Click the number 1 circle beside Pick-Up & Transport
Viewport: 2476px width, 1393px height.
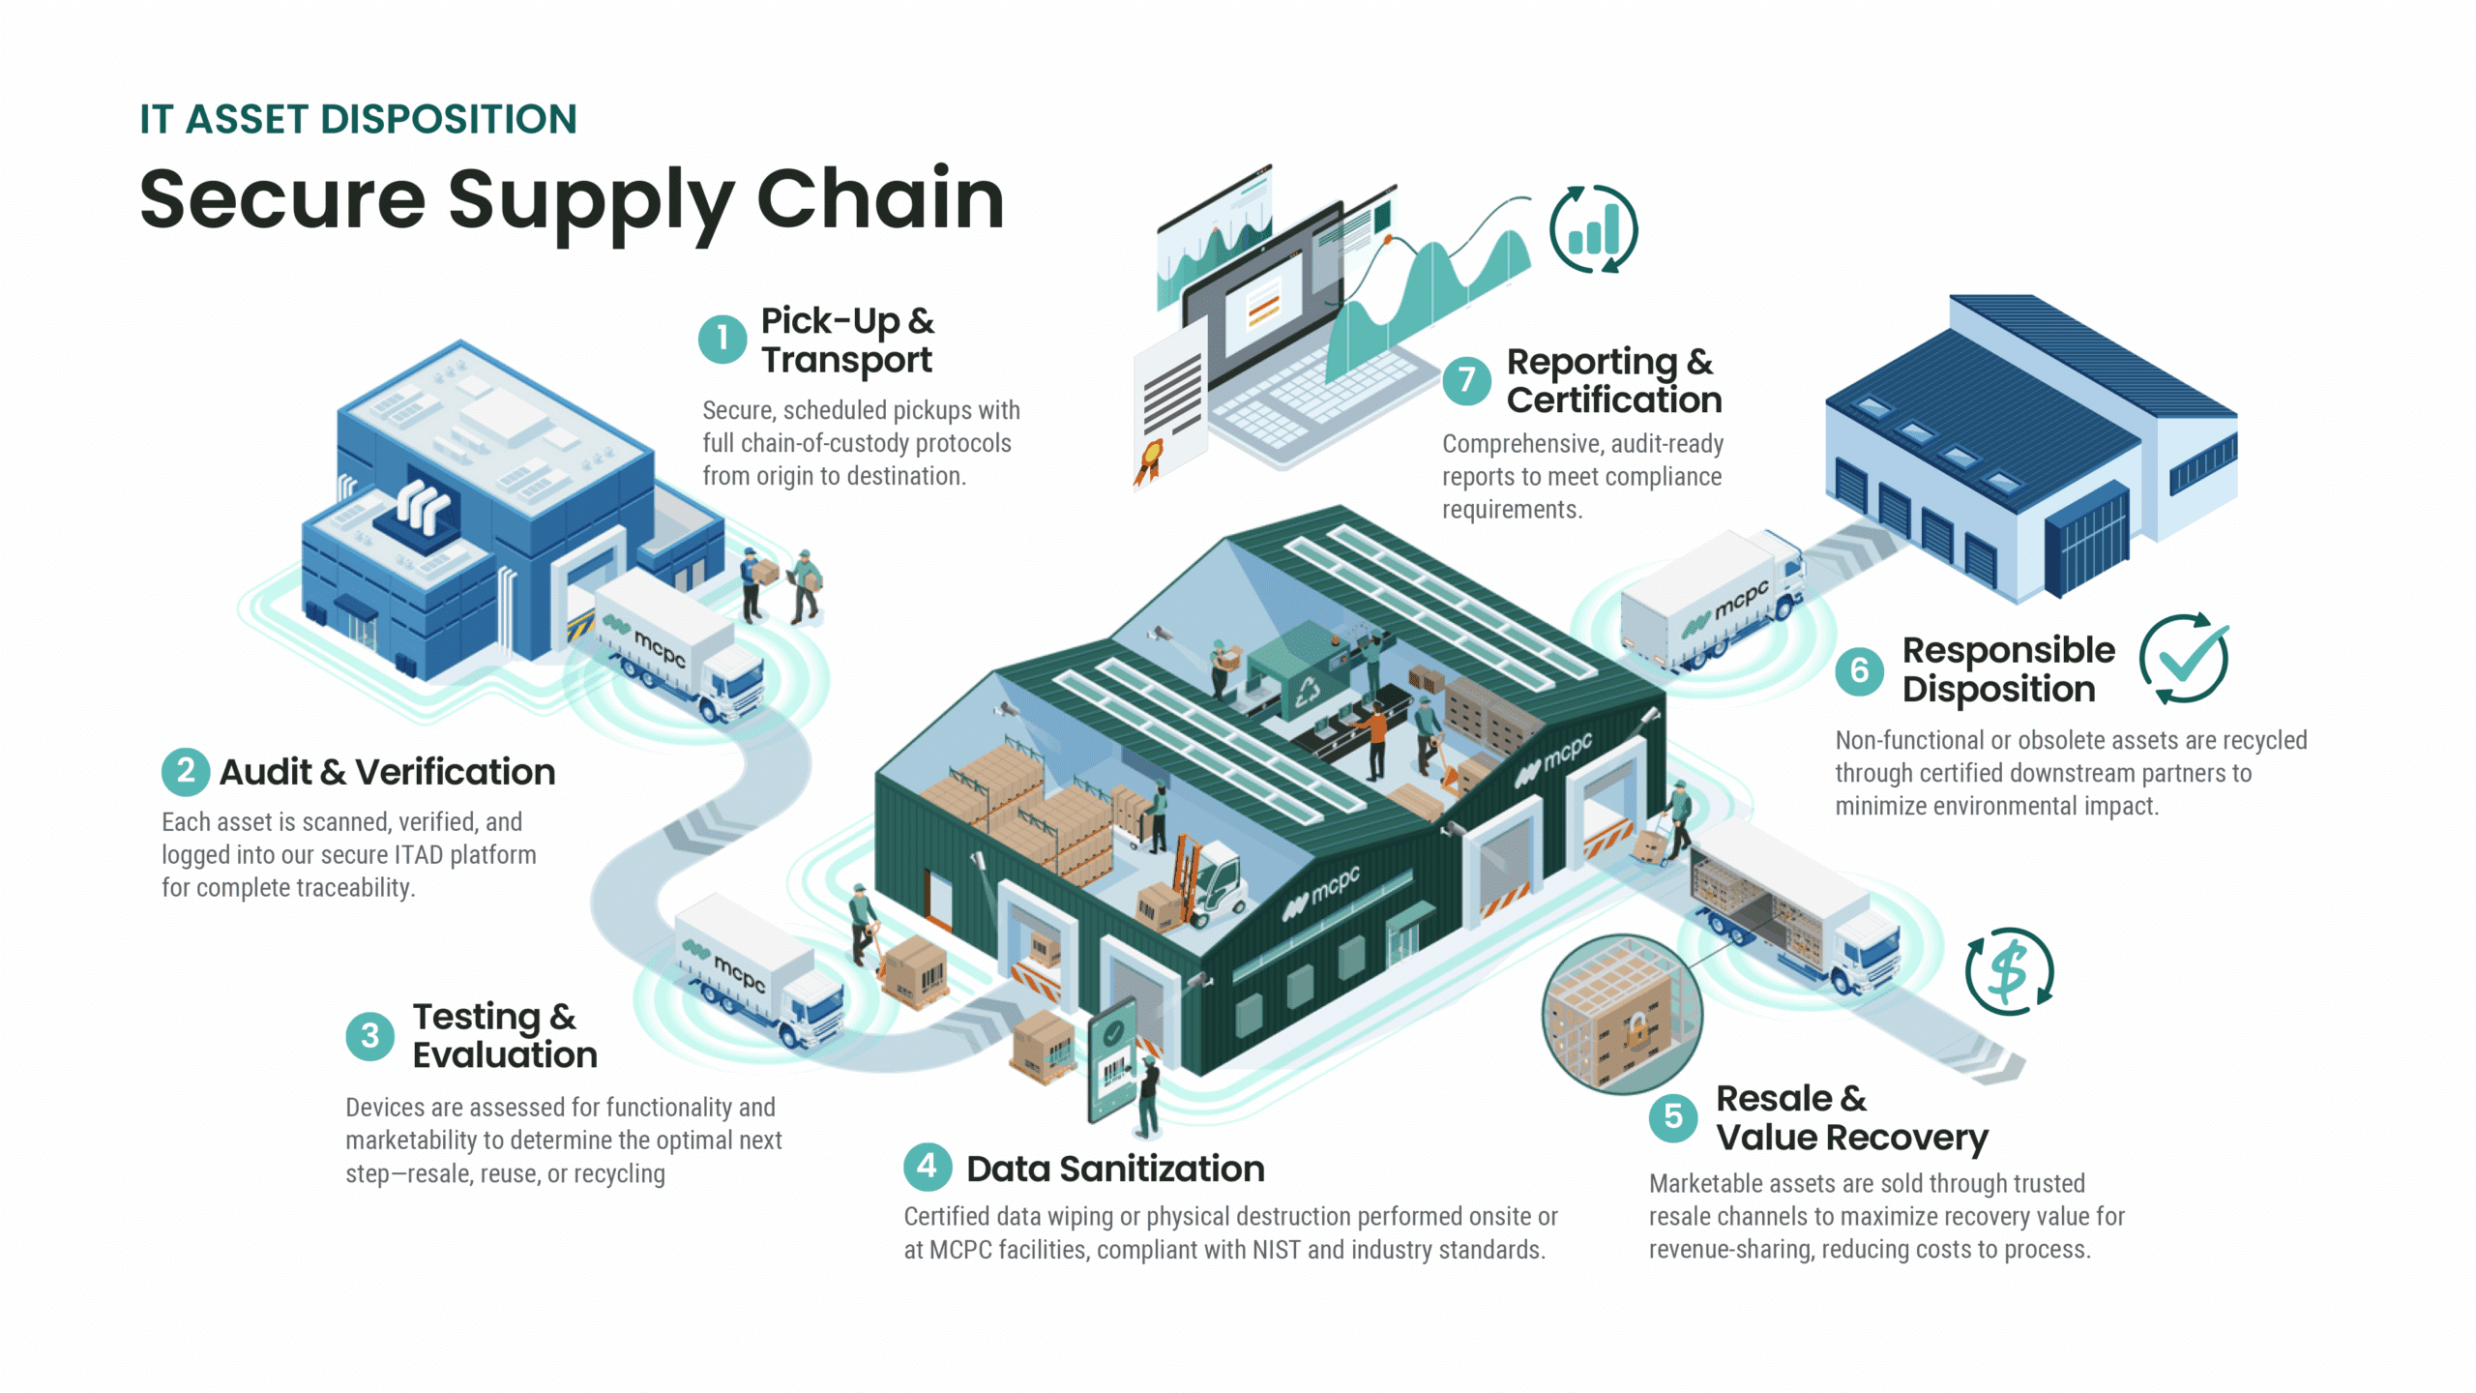point(722,340)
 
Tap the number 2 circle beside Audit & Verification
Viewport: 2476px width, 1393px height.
point(186,772)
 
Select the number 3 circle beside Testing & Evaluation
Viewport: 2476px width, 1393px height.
point(369,1036)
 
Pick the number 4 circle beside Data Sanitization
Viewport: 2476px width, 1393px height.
point(927,1167)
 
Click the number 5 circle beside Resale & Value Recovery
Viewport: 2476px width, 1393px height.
point(1672,1117)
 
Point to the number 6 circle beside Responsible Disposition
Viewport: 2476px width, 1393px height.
point(1859,670)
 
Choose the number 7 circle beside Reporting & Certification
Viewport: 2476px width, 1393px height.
point(1466,380)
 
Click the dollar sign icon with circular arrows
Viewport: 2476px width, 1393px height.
point(2009,971)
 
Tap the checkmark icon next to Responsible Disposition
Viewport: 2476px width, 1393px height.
point(2184,659)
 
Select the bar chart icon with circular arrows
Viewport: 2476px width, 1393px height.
point(1593,229)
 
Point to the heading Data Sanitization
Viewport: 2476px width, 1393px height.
point(1115,1169)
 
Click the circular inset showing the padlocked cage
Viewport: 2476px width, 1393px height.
point(1621,1014)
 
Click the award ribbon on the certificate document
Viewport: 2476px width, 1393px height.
point(1150,460)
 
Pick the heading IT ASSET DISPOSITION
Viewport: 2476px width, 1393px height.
point(358,120)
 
